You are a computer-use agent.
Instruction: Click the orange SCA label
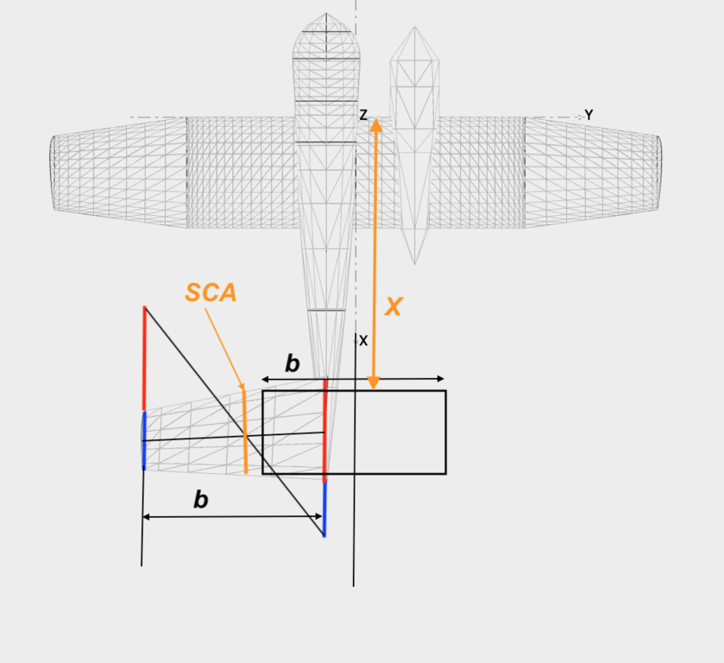click(211, 293)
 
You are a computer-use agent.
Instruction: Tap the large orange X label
click(393, 306)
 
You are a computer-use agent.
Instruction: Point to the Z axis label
click(363, 115)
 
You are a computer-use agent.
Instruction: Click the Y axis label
click(589, 115)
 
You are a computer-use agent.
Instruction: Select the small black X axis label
click(363, 341)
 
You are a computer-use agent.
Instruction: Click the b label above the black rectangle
click(293, 363)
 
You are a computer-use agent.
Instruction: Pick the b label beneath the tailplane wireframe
click(201, 500)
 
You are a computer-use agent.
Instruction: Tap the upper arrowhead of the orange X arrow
click(376, 125)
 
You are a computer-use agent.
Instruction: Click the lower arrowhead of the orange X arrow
click(374, 384)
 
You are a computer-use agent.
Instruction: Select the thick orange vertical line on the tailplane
click(245, 432)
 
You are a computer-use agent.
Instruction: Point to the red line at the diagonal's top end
click(144, 358)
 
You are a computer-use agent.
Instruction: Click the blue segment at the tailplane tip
click(144, 441)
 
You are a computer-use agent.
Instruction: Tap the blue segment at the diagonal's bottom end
click(324, 509)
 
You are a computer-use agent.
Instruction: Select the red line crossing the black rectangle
click(325, 431)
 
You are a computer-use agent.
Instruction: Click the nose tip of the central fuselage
click(326, 14)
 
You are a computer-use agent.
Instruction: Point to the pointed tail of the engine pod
click(414, 264)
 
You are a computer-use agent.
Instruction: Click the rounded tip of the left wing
click(52, 174)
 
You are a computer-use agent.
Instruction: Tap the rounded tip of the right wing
click(660, 174)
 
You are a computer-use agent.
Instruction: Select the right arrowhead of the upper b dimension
click(440, 379)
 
